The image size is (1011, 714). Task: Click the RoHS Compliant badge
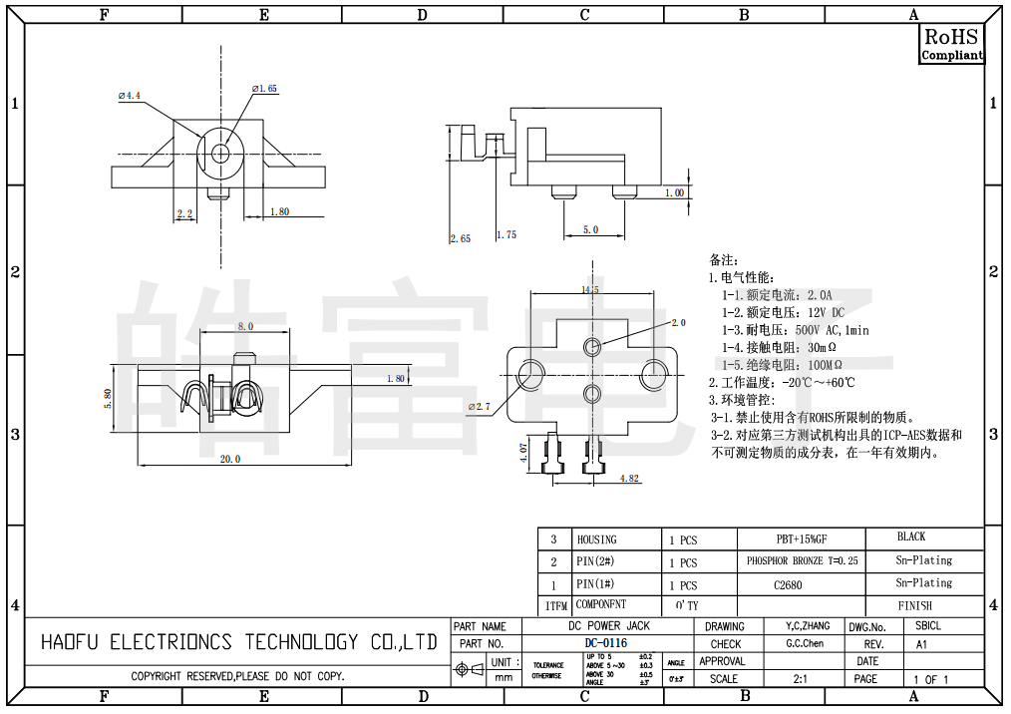coord(951,45)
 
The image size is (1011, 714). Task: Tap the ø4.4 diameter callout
coord(130,96)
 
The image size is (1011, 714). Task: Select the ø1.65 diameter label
coord(264,89)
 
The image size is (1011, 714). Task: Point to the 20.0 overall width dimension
coord(230,459)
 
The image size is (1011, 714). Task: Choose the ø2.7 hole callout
coord(480,407)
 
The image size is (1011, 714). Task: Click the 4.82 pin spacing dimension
coord(629,479)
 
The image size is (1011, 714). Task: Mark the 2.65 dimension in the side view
coord(460,238)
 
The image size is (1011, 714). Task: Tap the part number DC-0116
coord(606,643)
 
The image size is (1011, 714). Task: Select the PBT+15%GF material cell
coord(802,539)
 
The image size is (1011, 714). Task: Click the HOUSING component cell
coord(597,539)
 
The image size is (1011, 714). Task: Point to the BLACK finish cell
coord(911,536)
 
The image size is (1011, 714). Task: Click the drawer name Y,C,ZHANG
coord(802,626)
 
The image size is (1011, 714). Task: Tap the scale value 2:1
coord(800,679)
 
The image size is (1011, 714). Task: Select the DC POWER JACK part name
coord(608,626)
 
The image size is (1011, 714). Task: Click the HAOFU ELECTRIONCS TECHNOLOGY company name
coord(239,642)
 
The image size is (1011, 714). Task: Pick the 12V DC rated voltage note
coord(783,312)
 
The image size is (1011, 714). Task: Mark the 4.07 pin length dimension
coord(522,457)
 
